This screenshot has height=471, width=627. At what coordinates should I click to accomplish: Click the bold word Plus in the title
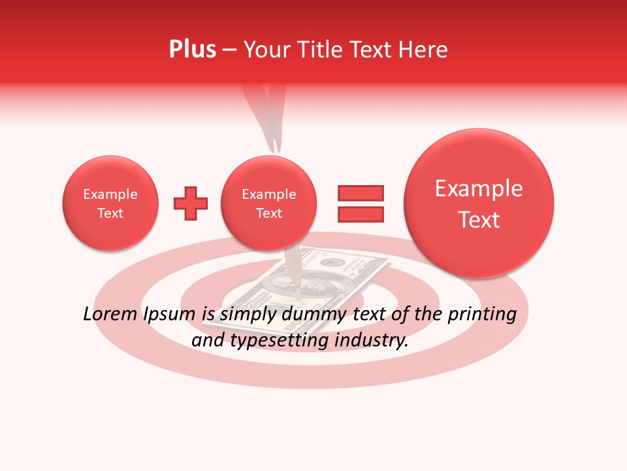click(192, 50)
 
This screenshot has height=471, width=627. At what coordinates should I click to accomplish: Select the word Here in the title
click(423, 50)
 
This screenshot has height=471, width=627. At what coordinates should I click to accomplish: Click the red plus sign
click(191, 203)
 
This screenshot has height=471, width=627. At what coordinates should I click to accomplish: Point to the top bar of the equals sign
click(360, 193)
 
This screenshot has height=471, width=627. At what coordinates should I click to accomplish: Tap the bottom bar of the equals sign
click(360, 214)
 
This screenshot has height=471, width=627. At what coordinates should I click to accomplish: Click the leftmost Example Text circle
click(110, 203)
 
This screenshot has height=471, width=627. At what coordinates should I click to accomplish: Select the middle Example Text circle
click(268, 203)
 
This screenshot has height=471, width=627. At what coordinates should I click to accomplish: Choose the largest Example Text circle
click(479, 203)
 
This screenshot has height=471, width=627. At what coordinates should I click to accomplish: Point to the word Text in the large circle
click(479, 220)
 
